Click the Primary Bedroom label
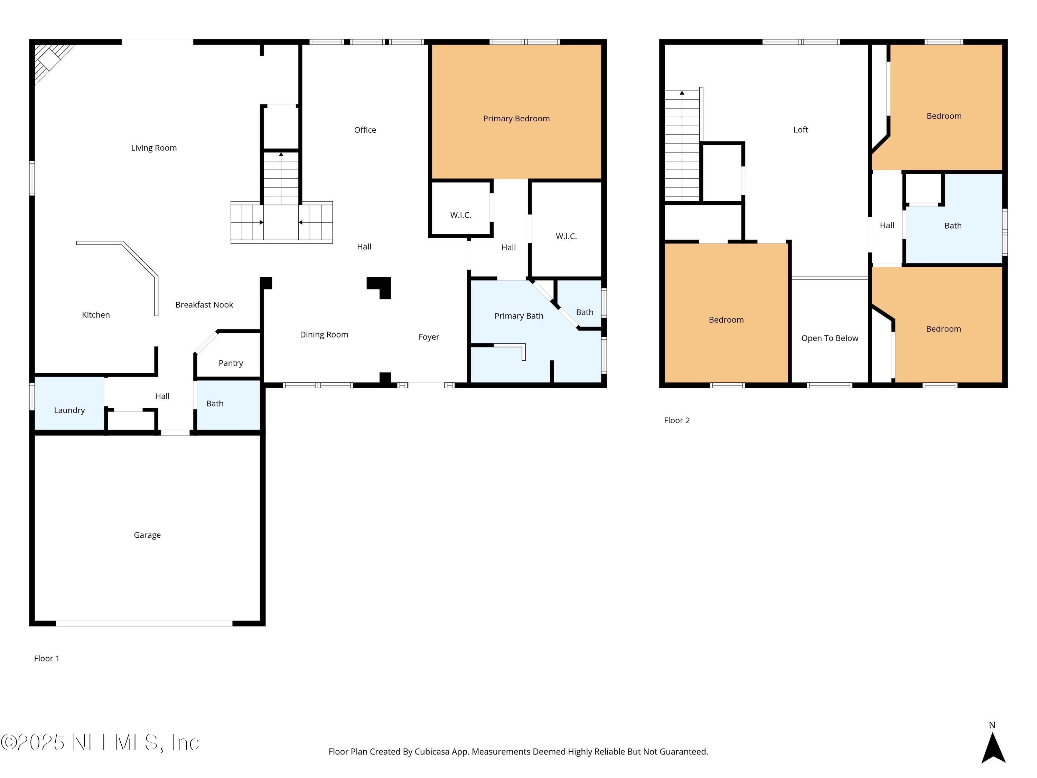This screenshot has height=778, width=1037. point(516,119)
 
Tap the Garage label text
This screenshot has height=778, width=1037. point(147,535)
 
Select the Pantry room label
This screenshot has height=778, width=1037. point(231,363)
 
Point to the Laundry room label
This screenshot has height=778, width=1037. point(69,410)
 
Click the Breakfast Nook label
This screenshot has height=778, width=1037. point(204,305)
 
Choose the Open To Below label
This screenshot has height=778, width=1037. point(829,338)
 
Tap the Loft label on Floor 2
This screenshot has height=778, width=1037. point(800,130)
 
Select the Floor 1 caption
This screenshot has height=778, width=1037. point(46,658)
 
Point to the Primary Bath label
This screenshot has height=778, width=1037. point(518,316)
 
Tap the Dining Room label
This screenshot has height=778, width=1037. point(324,335)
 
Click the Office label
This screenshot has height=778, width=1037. point(365,130)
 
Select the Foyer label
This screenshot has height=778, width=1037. point(429,337)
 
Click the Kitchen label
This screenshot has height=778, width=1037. point(96,315)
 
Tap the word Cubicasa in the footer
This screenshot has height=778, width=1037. point(432,752)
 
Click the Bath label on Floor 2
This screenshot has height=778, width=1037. point(953,225)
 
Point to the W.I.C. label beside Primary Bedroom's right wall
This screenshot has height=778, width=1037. point(566,237)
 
